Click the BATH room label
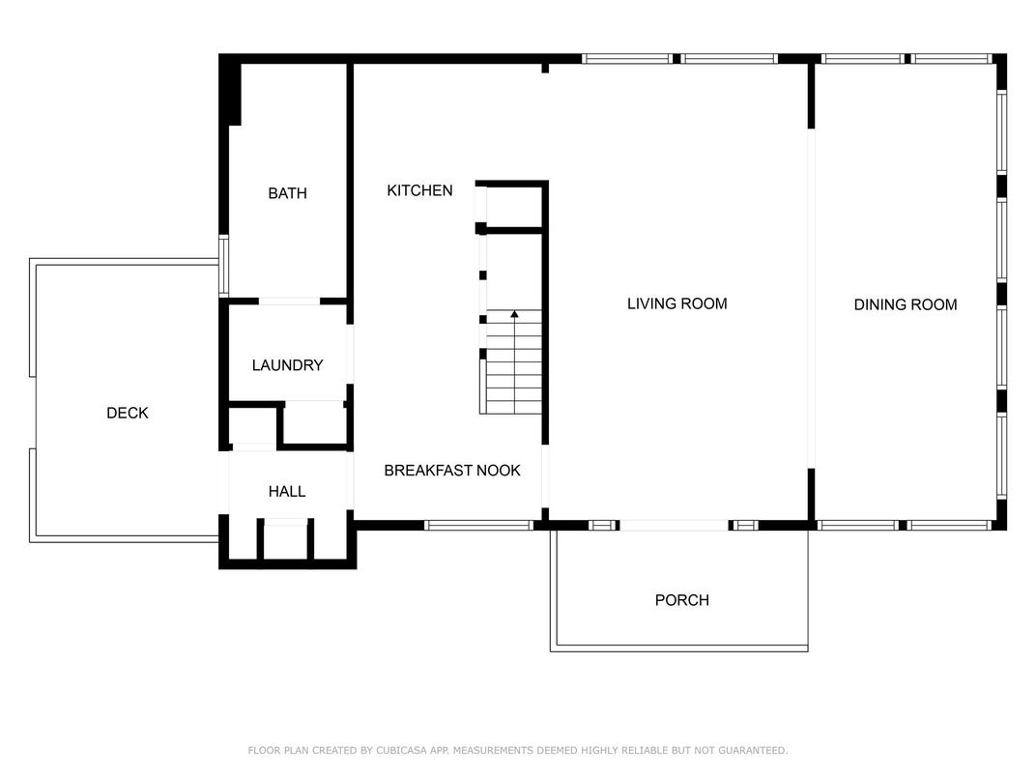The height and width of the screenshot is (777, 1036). (x=287, y=193)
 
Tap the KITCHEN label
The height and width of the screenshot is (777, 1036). (x=419, y=191)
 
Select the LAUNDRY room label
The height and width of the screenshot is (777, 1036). (x=287, y=365)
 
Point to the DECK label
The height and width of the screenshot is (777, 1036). (x=128, y=413)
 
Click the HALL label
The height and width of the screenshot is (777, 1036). (x=287, y=492)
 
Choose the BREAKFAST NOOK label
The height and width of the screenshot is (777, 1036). (x=452, y=471)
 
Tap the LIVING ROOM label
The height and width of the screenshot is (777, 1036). (x=677, y=303)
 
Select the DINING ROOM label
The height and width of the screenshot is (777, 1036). (x=906, y=304)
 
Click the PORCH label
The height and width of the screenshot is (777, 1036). (x=682, y=600)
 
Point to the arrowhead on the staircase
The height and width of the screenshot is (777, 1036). (x=514, y=314)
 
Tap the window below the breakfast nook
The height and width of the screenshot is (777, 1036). (x=478, y=526)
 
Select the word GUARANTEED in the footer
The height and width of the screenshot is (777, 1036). (x=753, y=750)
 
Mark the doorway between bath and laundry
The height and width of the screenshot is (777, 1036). (x=289, y=302)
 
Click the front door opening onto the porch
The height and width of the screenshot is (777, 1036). (x=674, y=526)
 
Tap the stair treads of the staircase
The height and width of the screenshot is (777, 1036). (x=514, y=362)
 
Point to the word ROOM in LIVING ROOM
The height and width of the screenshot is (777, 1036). (x=706, y=303)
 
